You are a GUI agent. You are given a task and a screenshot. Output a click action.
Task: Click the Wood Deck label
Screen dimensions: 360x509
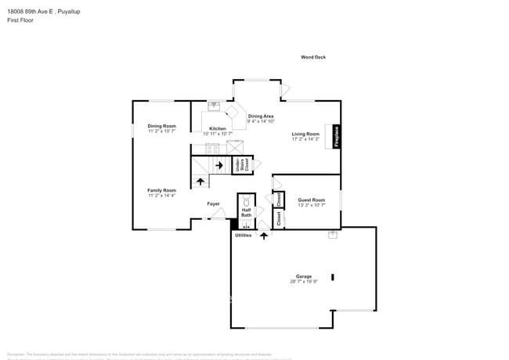[x=313, y=57]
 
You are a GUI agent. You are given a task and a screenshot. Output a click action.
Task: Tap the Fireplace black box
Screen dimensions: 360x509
[x=337, y=137]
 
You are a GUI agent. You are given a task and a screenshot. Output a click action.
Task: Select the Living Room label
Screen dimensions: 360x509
[x=305, y=134]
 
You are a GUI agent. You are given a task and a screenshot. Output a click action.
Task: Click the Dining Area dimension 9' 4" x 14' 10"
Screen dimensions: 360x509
[x=261, y=121]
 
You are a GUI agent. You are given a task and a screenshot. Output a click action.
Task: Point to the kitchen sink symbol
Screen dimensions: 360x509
[x=213, y=106]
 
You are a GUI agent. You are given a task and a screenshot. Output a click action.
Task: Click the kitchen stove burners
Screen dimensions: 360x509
[x=212, y=147]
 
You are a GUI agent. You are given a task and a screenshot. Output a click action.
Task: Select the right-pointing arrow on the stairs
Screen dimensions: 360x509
[x=218, y=165]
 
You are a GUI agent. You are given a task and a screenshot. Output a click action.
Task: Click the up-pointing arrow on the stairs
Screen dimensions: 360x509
[x=200, y=182]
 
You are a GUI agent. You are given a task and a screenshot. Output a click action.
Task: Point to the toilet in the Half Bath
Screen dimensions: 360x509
[x=246, y=199]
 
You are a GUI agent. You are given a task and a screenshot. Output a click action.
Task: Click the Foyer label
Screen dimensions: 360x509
[x=213, y=204]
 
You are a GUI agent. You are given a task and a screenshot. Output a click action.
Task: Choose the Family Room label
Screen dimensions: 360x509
[x=162, y=190]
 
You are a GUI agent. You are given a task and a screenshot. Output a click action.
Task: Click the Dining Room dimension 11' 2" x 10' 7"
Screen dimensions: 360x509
[x=162, y=131]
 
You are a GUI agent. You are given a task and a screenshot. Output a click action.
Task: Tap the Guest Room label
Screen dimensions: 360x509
[x=311, y=200]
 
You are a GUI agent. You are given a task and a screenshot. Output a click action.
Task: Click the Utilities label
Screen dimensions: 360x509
[x=244, y=235]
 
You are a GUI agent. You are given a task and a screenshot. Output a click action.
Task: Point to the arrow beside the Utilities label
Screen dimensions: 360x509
[x=263, y=235]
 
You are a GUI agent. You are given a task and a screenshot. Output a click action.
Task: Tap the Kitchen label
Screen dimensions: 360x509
[x=217, y=128]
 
